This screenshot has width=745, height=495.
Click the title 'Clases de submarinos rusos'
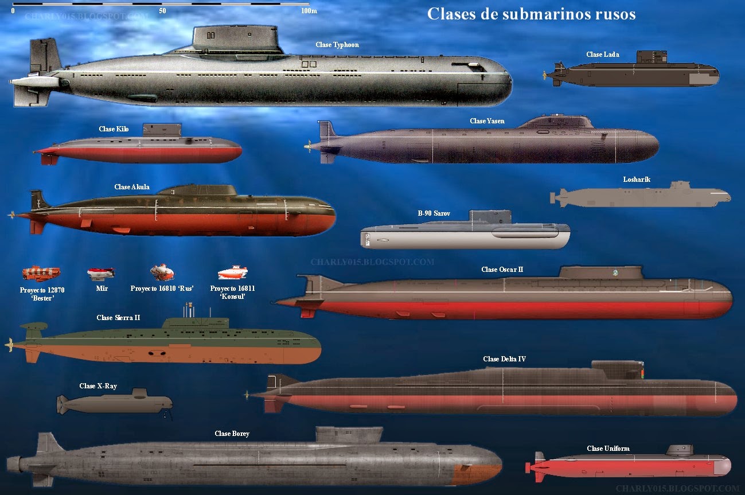tap(531, 14)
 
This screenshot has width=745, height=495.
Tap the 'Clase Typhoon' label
tap(337, 45)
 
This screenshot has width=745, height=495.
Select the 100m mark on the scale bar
tap(309, 10)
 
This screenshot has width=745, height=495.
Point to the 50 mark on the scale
tap(162, 10)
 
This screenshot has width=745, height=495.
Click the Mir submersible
tap(101, 273)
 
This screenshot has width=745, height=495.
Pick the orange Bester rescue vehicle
tap(41, 273)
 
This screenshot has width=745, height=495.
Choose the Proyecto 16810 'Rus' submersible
tap(162, 271)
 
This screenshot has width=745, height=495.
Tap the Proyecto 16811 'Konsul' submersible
tap(232, 272)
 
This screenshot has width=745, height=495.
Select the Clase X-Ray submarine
tap(115, 403)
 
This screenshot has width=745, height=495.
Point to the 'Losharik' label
tap(637, 180)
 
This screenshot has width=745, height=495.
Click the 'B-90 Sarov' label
tap(434, 213)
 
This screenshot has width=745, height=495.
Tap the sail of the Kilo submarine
tap(157, 131)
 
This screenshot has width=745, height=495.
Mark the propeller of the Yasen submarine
tap(309, 146)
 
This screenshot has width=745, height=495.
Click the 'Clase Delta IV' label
tap(504, 359)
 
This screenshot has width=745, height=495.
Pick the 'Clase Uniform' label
tap(608, 449)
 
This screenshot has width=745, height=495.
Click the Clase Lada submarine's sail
tap(652, 57)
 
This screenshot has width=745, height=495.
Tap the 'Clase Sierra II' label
tap(118, 318)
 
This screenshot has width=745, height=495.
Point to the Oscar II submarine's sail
tap(599, 272)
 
